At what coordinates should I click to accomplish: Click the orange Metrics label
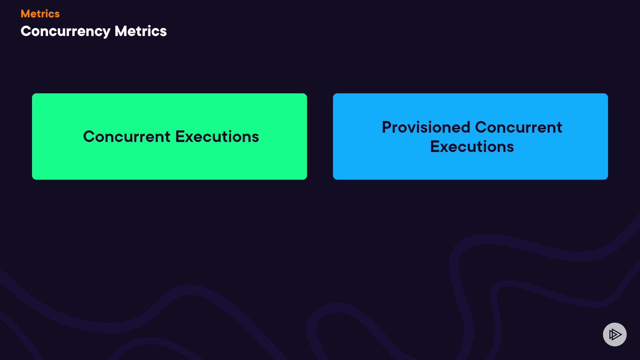(x=40, y=14)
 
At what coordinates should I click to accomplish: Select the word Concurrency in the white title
(x=65, y=32)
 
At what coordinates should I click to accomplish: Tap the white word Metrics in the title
(x=141, y=31)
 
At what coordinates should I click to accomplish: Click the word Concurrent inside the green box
(x=127, y=137)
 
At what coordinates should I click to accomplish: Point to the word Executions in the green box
(x=217, y=137)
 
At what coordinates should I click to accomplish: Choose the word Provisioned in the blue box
(x=426, y=127)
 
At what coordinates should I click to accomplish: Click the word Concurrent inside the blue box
(x=519, y=127)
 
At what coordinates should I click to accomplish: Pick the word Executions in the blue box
(x=472, y=147)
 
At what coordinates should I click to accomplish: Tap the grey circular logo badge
(x=615, y=334)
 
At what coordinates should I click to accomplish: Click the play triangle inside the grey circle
(x=615, y=334)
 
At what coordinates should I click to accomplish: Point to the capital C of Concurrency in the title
(x=26, y=31)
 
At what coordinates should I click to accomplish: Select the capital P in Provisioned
(x=387, y=127)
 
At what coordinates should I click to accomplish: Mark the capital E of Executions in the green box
(x=180, y=137)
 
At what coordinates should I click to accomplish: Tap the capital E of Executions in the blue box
(x=435, y=147)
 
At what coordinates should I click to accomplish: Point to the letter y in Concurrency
(x=106, y=33)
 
